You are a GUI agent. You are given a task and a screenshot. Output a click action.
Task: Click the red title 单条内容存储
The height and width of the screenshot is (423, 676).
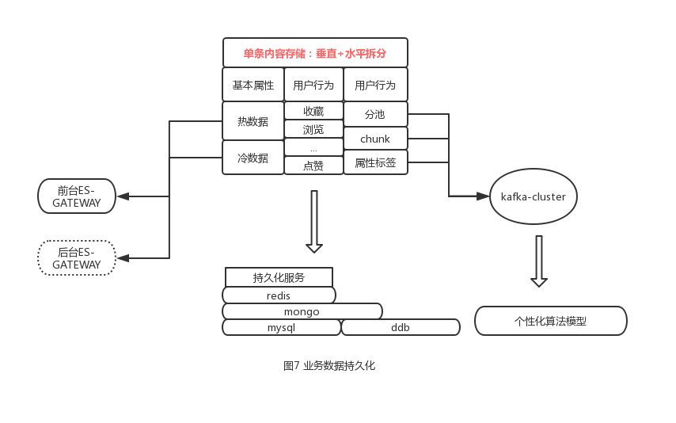[x=315, y=53]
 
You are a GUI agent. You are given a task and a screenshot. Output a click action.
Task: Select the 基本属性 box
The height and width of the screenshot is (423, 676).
[x=253, y=85]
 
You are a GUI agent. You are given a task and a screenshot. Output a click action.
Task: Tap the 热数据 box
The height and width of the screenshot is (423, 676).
[x=253, y=121]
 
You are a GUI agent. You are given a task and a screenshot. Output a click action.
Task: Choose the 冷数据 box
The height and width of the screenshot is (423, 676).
[x=253, y=158]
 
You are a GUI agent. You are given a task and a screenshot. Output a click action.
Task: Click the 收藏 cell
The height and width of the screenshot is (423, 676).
[x=313, y=112]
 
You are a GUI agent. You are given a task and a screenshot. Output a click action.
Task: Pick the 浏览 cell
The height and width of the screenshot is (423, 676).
[x=313, y=129]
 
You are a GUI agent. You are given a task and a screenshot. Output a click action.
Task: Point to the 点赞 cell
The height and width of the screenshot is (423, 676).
[x=313, y=165]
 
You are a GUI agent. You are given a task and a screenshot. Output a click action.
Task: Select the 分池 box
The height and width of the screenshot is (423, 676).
[x=375, y=113]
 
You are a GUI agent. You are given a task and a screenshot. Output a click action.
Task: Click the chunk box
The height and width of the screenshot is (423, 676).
[x=375, y=139]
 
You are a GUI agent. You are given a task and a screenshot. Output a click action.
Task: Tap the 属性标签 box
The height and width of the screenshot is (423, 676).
[x=375, y=162]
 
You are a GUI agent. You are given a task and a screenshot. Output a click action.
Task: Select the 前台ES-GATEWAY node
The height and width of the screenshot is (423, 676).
[x=77, y=196]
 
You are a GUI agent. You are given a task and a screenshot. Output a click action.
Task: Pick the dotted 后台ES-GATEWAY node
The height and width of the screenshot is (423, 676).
[x=77, y=257]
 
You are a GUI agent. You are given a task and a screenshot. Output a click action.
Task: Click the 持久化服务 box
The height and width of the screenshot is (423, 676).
[x=279, y=277]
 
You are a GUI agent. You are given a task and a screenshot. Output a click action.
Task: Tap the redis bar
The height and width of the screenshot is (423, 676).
[x=279, y=295]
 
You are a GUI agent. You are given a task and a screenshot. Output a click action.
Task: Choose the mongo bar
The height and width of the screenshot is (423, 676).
[x=302, y=311]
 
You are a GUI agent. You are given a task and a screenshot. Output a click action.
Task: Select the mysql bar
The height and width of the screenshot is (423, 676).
[x=281, y=327]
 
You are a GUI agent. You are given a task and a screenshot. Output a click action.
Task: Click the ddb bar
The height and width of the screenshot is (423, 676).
[x=400, y=327]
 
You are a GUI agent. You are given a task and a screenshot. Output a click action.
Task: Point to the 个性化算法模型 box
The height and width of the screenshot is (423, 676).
[x=550, y=322]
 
